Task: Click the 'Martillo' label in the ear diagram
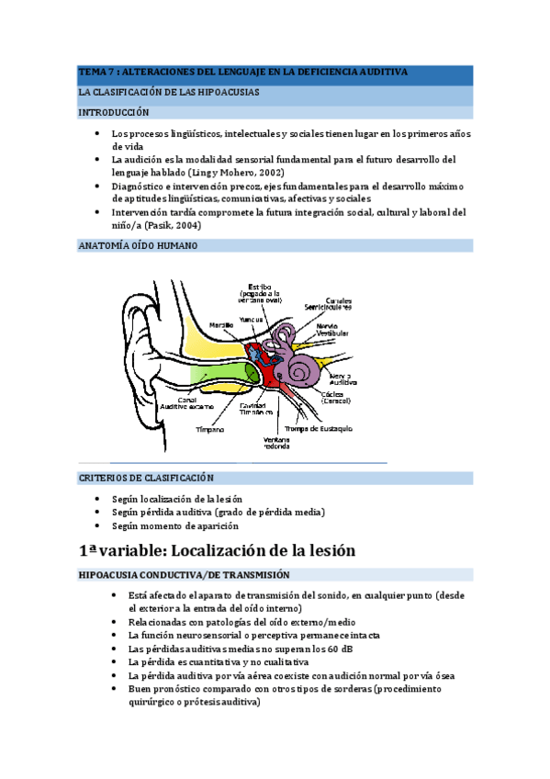point(220,324)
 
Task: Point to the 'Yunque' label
point(251,319)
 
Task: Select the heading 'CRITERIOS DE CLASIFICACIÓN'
point(146,478)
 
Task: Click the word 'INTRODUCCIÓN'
point(113,112)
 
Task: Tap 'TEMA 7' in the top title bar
point(98,72)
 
